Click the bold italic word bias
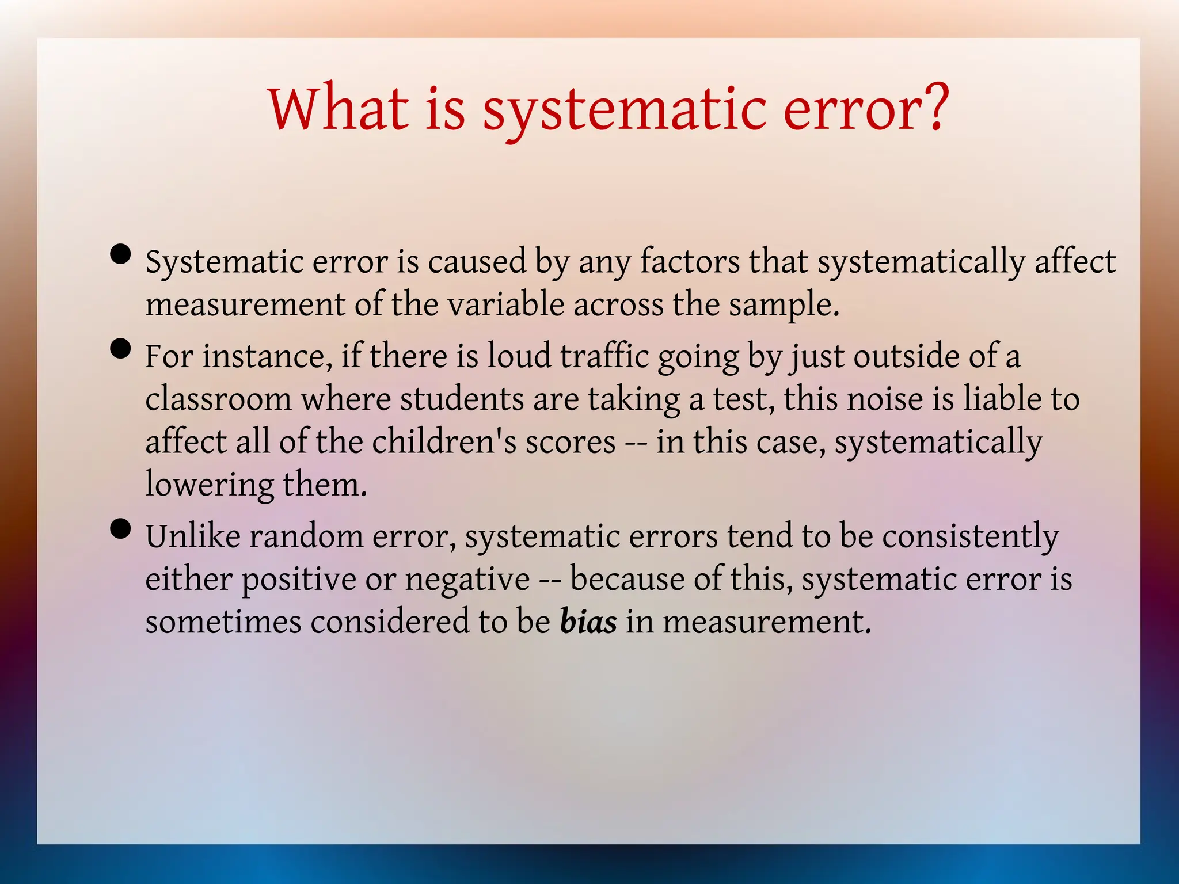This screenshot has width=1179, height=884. tap(588, 622)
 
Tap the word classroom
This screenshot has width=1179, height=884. tap(218, 399)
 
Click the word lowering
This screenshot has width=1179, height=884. tap(209, 485)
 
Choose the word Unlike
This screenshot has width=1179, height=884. tap(193, 536)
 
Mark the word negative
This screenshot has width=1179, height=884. tap(467, 580)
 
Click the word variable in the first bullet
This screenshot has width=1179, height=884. tap(506, 304)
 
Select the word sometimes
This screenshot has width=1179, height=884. tap(223, 622)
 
